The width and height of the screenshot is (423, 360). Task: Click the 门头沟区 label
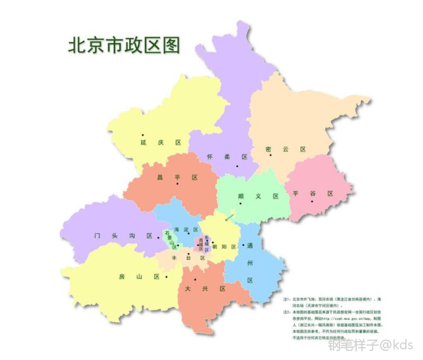click(123, 237)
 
